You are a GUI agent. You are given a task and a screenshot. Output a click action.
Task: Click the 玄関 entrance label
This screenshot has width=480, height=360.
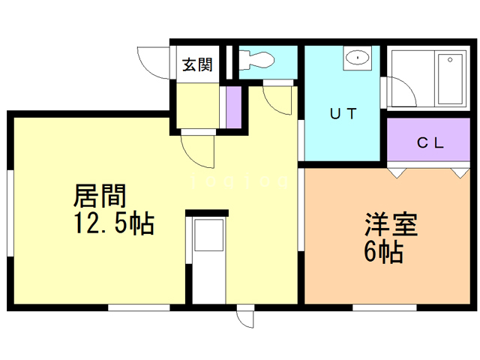(197, 64)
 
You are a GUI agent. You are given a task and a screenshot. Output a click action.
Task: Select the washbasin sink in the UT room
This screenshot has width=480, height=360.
(358, 58)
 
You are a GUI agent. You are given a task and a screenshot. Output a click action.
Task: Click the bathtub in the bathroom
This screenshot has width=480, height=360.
(448, 79)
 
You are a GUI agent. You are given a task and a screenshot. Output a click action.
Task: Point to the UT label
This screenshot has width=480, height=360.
(343, 114)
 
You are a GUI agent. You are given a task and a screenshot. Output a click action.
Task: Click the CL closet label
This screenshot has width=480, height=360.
(430, 142)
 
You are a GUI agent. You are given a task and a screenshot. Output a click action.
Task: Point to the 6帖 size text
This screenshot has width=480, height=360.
(384, 252)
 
